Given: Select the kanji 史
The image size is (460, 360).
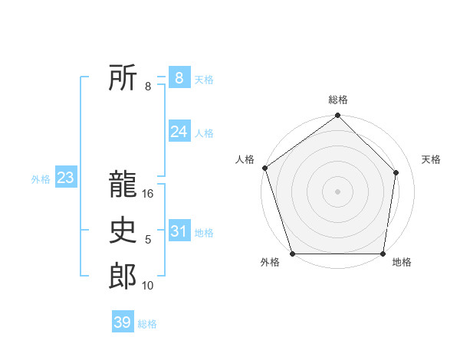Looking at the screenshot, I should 123,231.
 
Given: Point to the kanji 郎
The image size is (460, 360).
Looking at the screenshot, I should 123,276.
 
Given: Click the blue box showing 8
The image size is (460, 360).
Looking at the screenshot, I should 179,77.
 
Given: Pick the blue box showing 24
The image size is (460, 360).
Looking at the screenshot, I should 179,132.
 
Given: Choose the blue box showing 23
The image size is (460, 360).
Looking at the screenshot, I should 65,178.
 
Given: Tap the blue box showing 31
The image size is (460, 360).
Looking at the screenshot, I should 179,231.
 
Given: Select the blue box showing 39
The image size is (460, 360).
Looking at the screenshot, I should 122,322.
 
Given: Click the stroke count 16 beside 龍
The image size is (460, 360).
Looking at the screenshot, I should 149,195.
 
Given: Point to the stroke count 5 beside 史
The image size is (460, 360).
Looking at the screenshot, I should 148,241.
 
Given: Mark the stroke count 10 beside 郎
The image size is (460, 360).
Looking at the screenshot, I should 148,286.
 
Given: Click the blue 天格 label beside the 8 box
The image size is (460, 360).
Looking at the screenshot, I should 204,79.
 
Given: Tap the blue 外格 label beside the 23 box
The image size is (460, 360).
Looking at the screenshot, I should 41,179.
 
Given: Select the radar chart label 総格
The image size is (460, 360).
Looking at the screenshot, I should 338,100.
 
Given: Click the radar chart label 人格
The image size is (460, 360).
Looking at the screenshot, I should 245,159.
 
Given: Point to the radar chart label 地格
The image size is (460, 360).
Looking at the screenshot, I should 402,263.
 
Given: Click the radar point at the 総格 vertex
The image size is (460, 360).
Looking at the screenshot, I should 338,116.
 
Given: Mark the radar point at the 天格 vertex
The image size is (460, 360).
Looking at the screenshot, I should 396,172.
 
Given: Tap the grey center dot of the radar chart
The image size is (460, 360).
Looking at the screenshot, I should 338,191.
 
